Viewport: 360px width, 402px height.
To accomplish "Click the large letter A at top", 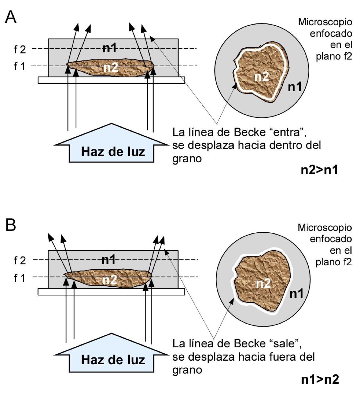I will click(x=11, y=16).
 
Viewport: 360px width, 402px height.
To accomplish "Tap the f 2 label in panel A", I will click(x=20, y=49).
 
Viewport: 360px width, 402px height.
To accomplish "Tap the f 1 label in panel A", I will click(x=20, y=66).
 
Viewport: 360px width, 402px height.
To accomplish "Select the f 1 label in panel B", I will click(x=20, y=277).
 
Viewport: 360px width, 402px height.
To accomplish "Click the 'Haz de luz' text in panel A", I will click(x=113, y=151).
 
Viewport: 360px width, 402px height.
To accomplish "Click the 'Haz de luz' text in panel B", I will click(x=113, y=360).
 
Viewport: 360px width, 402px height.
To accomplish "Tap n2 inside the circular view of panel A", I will click(x=261, y=77).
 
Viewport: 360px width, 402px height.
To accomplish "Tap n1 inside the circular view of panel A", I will click(x=295, y=86).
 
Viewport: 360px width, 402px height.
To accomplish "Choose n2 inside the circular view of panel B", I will click(x=263, y=283).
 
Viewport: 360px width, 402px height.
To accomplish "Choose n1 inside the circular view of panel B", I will click(x=296, y=293).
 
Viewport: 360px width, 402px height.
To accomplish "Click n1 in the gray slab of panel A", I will click(x=109, y=48).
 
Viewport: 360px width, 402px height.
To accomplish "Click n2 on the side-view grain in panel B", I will click(x=109, y=280).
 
